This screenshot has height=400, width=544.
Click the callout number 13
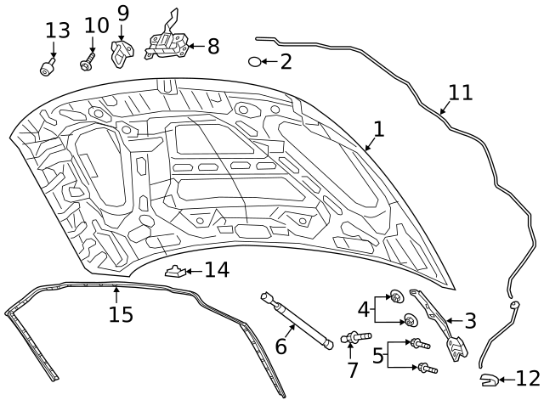58,31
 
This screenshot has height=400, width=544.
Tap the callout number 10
97,27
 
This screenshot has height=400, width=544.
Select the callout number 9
123,13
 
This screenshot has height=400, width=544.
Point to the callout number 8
212,47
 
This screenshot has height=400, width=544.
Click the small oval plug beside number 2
254,61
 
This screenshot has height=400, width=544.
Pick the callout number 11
460,92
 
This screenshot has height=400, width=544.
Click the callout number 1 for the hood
378,129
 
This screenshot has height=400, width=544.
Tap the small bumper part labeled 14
174,273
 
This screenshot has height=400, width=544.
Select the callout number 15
121,314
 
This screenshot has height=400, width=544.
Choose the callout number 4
363,308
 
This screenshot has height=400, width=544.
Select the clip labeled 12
488,380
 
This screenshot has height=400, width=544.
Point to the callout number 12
527,379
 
